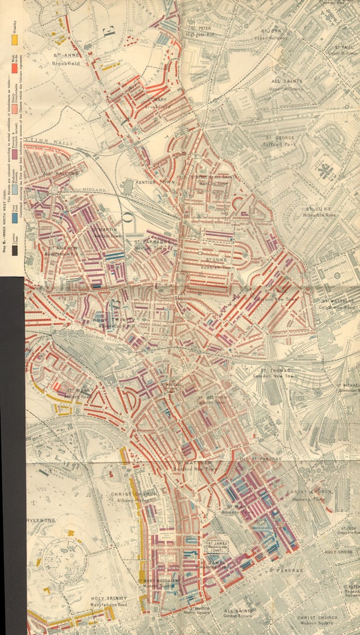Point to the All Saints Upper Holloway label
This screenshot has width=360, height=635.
click(287, 84)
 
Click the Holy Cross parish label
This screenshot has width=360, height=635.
click(338, 552)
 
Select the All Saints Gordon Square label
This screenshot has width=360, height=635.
click(238, 613)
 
